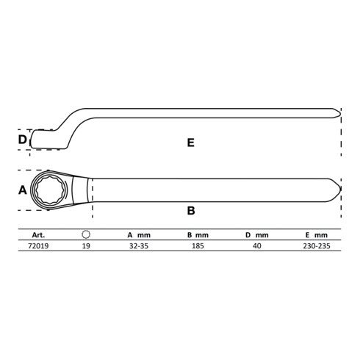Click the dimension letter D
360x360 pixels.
(22, 140)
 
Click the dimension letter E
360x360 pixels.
(191, 143)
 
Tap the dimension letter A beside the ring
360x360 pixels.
(23, 190)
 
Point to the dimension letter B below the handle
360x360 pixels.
(191, 211)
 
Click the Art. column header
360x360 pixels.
(38, 235)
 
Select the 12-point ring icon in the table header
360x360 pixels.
(86, 234)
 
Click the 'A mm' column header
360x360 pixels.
(139, 235)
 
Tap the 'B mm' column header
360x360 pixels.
(198, 235)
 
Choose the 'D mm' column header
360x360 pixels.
(257, 235)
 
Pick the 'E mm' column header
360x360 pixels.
(317, 235)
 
